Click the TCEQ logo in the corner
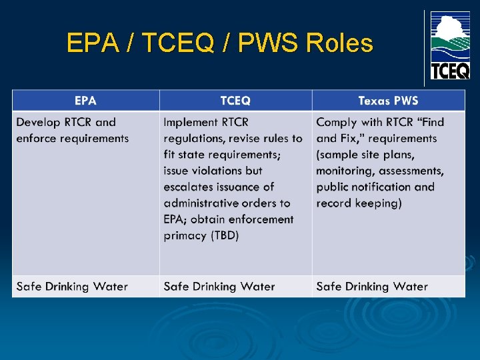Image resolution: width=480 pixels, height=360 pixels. tap(449, 45)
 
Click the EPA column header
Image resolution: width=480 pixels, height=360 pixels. tap(85, 101)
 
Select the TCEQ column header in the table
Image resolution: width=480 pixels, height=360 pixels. tap(235, 101)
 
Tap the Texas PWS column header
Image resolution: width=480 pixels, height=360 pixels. tap(388, 101)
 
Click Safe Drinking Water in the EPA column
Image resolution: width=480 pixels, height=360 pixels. tap(72, 287)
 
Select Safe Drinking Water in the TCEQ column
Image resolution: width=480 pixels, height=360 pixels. tap(219, 287)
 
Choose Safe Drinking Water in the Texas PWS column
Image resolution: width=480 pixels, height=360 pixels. tap(372, 287)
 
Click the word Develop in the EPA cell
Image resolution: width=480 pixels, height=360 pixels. tap(38, 122)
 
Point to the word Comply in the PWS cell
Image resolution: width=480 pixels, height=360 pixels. tap(336, 122)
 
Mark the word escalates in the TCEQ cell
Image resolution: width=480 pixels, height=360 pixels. tap(190, 187)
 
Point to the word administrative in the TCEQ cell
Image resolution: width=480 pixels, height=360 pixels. tap(203, 203)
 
